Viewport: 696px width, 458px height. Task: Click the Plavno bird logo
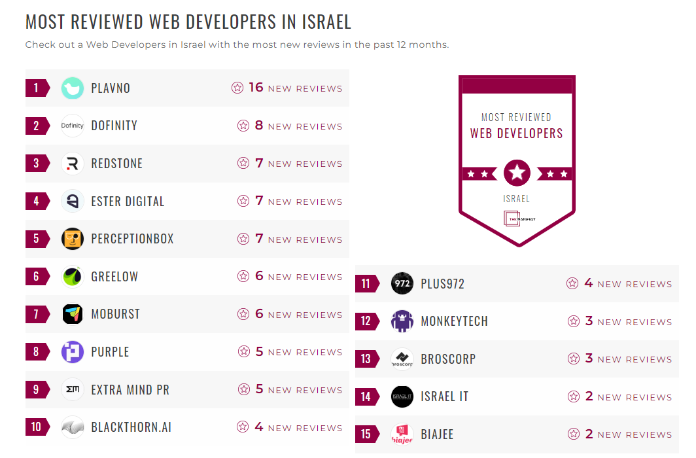point(73,88)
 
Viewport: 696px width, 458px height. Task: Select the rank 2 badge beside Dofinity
point(37,126)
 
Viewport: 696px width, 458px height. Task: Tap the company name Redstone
point(116,164)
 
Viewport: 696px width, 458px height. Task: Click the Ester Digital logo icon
point(73,202)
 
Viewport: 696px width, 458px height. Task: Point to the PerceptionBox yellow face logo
point(73,239)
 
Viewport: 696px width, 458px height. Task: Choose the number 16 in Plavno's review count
point(256,88)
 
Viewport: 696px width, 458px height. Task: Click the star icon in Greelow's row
point(243,277)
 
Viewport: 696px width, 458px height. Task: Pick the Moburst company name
point(115,314)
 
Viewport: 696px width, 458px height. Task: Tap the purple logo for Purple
point(73,352)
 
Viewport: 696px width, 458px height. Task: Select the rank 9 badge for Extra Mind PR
point(37,390)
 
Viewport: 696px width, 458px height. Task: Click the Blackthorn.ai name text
point(131,427)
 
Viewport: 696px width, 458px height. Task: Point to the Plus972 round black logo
point(402,284)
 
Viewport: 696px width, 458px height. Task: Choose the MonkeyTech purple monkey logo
point(402,321)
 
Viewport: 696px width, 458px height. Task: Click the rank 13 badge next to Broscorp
point(366,359)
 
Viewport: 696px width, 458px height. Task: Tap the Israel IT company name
point(444,396)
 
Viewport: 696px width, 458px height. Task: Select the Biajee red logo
point(402,434)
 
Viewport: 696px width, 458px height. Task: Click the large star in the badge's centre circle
point(517,173)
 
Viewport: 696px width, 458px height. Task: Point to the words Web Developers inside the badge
point(516,133)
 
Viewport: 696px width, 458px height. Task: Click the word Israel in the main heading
point(326,22)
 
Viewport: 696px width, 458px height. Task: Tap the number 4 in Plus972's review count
point(588,283)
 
